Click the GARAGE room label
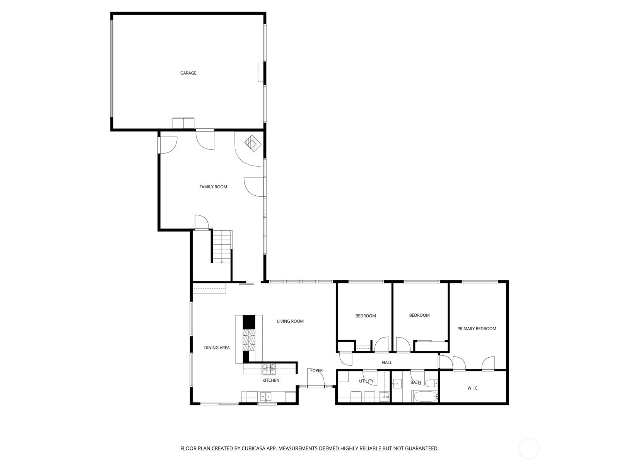tap(188, 73)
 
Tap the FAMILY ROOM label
tap(213, 187)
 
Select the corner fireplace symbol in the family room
tap(253, 144)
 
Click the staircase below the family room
tap(222, 247)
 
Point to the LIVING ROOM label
tap(290, 321)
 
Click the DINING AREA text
tap(217, 348)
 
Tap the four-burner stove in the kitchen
tap(269, 369)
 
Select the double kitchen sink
tap(265, 397)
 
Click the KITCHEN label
tap(271, 380)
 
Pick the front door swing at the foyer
tap(316, 377)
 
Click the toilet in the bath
tap(432, 384)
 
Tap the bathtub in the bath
tap(425, 396)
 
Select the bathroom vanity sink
tap(397, 384)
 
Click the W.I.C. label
tap(473, 388)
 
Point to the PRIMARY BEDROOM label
tap(477, 329)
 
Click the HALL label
tap(387, 363)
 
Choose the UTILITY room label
tap(366, 381)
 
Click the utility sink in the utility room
tap(384, 397)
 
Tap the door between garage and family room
tap(205, 139)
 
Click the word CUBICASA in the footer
tap(253, 448)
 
